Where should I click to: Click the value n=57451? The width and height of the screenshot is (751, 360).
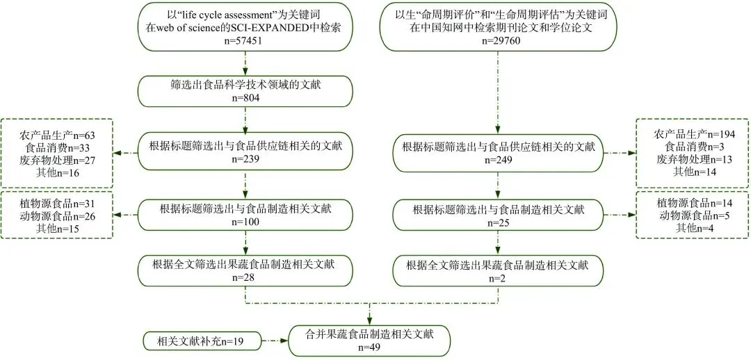click(245, 41)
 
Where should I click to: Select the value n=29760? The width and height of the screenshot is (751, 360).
click(496, 41)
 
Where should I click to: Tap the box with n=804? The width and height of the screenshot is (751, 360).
click(245, 91)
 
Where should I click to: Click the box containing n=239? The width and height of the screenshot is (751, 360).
click(245, 152)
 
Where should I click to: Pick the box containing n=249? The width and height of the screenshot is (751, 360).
click(496, 152)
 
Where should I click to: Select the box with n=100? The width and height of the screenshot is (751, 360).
click(245, 215)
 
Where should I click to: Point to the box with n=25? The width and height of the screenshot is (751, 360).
click(496, 215)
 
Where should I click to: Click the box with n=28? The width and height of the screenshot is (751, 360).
click(245, 270)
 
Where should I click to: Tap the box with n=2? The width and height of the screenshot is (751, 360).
click(496, 270)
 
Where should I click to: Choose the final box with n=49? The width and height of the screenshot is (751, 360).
click(369, 340)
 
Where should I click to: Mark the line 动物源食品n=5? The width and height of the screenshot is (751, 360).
click(693, 215)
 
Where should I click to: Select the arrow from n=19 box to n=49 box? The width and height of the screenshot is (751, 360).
click(274, 341)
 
